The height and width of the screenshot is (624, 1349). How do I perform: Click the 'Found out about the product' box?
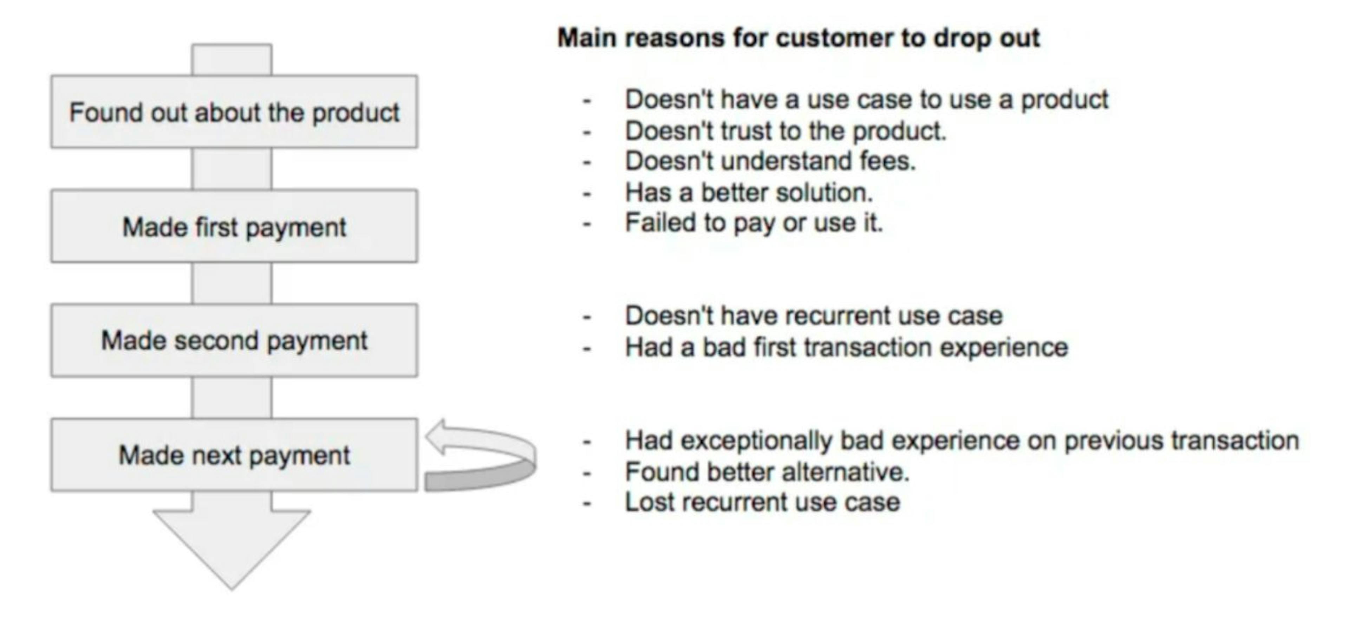[234, 111]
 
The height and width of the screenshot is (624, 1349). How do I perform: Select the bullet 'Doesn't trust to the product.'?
[786, 130]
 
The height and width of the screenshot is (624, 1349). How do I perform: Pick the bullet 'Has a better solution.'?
[749, 193]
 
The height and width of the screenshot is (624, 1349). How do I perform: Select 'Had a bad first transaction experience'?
[846, 347]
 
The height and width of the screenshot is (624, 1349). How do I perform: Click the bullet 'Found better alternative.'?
[767, 471]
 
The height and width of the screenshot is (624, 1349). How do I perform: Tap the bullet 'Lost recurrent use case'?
[762, 502]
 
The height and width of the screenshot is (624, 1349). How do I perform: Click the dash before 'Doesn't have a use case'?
[587, 101]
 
